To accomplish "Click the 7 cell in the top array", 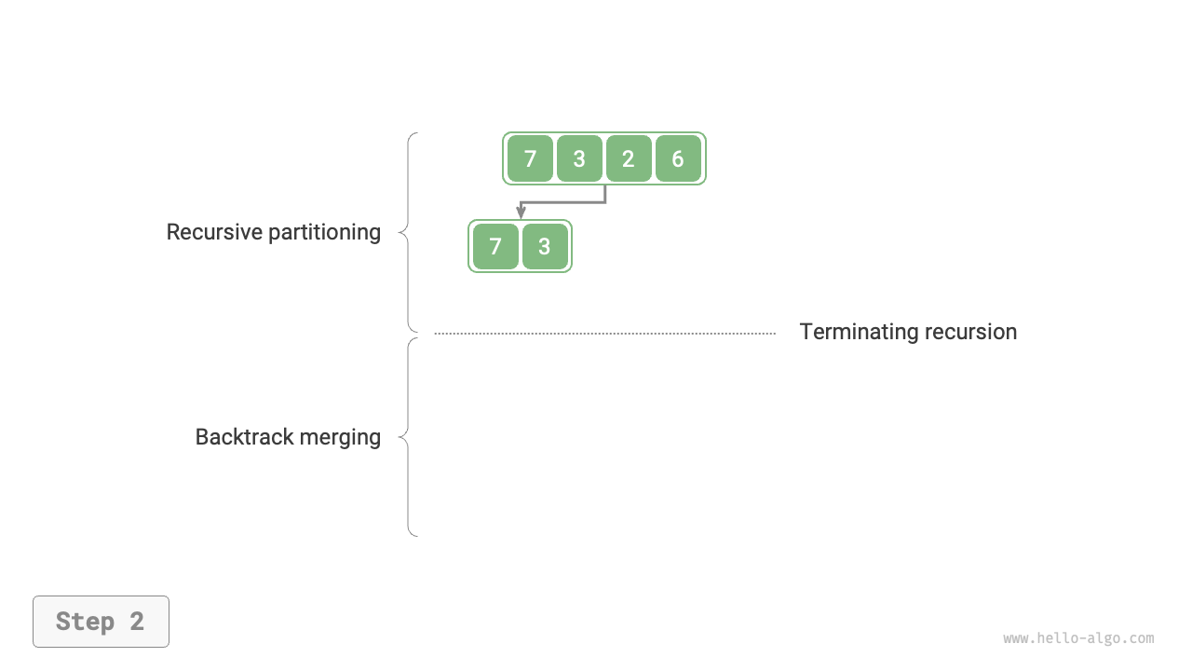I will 530,158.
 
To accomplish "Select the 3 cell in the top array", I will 579,158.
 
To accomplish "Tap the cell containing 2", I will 629,158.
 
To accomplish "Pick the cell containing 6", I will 678,158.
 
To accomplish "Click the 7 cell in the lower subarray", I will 495,246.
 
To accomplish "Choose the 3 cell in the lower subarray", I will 545,246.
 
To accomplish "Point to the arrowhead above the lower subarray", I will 521,213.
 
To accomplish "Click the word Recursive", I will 212,232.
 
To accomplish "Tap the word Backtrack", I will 237,437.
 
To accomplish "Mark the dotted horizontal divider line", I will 605,333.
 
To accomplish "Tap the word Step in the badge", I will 86,622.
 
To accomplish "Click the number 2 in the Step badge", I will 137,622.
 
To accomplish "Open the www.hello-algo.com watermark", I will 1078,638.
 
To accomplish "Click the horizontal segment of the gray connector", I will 563,202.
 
